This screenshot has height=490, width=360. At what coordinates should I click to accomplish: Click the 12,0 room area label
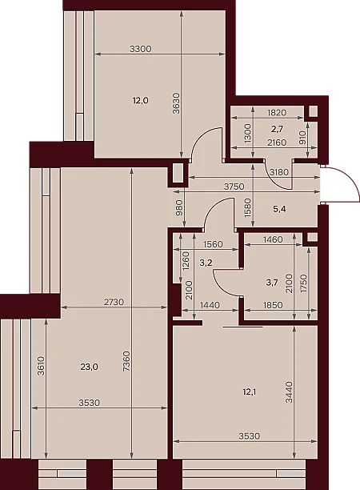point(141,101)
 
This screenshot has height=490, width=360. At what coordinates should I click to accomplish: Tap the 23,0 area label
point(90,367)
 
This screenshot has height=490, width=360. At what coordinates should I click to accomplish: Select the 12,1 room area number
point(249,392)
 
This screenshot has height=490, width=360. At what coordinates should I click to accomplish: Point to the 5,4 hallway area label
point(279,209)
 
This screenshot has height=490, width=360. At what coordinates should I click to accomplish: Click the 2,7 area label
point(277,128)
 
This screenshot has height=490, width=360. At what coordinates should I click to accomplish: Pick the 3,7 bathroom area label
point(272,283)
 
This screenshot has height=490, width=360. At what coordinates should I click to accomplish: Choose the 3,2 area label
point(206,263)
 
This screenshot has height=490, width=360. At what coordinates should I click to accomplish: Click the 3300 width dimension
point(141,49)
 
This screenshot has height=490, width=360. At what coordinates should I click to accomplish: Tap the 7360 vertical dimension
point(126,361)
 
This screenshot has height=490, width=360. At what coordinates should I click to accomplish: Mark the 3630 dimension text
point(177,103)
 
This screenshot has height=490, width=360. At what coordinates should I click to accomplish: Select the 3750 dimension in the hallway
point(234,187)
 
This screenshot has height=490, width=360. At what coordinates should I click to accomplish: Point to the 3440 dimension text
point(289,392)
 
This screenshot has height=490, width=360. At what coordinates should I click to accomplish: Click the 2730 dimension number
point(114,302)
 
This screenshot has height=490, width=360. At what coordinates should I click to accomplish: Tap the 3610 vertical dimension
point(41,366)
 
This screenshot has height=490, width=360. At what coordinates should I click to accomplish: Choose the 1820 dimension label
point(277,113)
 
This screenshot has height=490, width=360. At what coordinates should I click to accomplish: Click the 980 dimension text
point(179,208)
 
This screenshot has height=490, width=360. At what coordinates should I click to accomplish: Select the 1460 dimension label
point(273,239)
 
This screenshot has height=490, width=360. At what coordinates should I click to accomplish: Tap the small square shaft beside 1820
point(313,111)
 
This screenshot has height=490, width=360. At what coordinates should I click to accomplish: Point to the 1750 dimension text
point(303,283)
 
